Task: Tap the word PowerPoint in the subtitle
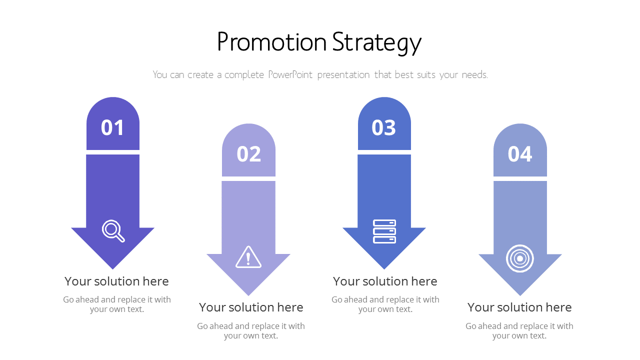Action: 290,75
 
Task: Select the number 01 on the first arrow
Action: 112,128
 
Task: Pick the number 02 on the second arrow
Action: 248,154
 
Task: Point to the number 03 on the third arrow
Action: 384,128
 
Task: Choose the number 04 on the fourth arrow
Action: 520,154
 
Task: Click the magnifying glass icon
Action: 113,231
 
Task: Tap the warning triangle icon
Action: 248,257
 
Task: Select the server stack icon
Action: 384,231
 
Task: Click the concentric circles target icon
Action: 520,258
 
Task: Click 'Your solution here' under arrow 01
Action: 116,281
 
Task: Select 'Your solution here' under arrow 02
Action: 251,307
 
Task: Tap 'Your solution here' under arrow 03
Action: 385,281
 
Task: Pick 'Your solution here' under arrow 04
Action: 519,307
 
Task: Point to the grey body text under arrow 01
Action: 117,304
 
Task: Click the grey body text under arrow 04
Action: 519,330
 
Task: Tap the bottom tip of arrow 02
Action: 248,293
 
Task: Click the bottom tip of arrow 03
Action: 384,267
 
